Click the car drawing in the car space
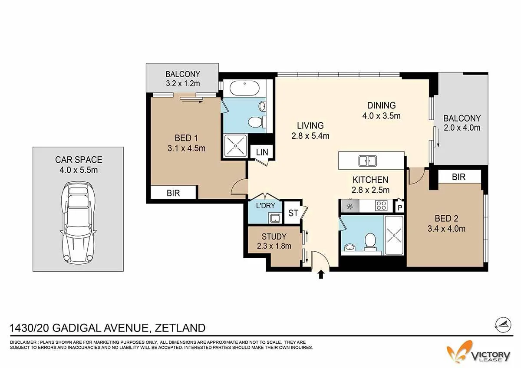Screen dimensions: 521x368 (78, 223)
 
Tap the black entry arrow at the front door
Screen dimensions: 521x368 (321, 275)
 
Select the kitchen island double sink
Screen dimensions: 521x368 (367, 161)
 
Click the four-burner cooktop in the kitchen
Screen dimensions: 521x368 (381, 206)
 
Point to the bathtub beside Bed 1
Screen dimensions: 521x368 (244, 88)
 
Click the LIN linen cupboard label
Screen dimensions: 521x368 (262, 152)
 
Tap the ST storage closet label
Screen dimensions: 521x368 (293, 213)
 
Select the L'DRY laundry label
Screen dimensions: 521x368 (265, 206)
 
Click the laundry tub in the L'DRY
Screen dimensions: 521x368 (275, 218)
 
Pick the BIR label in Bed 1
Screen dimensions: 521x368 (173, 193)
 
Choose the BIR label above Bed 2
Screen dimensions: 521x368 (458, 177)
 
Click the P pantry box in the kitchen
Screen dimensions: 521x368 (400, 207)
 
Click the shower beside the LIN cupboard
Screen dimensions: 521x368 (235, 146)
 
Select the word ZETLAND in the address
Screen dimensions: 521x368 (180, 328)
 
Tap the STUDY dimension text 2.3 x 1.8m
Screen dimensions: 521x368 (274, 246)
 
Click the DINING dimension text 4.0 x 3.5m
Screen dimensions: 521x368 (382, 116)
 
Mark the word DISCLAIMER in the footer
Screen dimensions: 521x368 (23, 342)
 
